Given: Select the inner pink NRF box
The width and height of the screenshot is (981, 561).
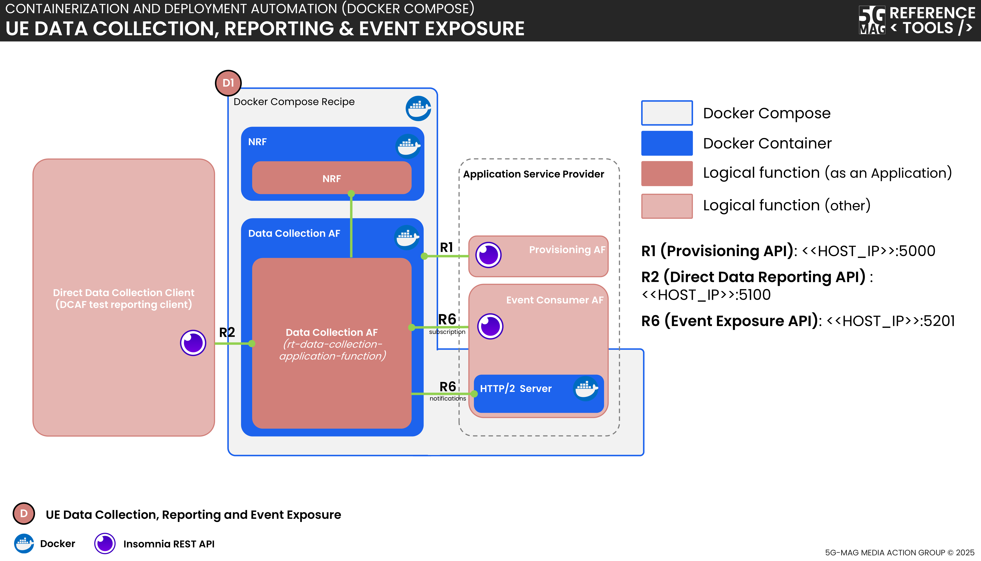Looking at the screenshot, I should point(332,178).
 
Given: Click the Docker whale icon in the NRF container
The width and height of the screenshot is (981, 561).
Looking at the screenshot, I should point(408,146).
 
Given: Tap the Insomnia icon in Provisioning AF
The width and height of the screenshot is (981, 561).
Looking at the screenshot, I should point(488,255).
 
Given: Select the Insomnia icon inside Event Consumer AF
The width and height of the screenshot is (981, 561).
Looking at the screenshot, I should point(490,326).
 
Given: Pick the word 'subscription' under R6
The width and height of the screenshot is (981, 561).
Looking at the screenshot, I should point(447,332).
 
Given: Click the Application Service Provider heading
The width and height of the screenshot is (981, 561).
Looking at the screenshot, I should point(533,174).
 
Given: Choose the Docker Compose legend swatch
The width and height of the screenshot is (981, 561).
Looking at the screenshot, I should point(666,113).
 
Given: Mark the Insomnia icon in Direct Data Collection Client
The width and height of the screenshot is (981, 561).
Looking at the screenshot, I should point(193,342).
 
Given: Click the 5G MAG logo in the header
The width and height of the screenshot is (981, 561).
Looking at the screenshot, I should point(872,20).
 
